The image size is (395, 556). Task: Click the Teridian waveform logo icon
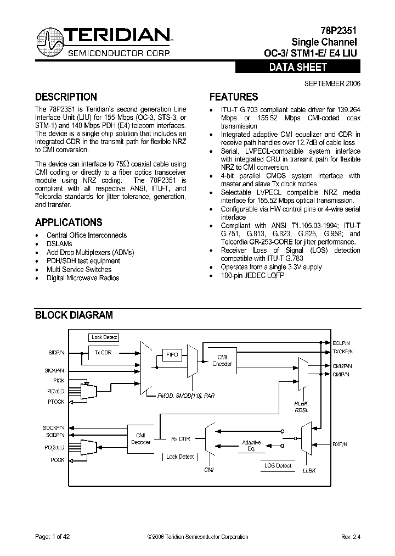click(x=50, y=43)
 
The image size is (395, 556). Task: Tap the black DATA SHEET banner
click(x=298, y=68)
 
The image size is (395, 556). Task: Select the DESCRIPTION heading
click(x=66, y=97)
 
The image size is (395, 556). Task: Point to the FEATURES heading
click(x=234, y=97)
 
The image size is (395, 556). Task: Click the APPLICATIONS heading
click(x=69, y=223)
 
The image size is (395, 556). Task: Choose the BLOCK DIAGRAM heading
click(x=74, y=315)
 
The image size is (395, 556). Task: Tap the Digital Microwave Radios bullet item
click(x=83, y=278)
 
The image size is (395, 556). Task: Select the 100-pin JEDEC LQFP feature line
click(x=252, y=275)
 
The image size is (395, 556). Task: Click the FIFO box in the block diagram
click(x=172, y=355)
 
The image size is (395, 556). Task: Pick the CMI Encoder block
click(x=222, y=360)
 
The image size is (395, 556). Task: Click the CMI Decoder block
click(x=139, y=438)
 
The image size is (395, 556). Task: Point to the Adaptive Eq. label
click(x=252, y=446)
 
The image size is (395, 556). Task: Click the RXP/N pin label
click(x=340, y=443)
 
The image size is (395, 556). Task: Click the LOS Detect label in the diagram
click(x=277, y=466)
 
